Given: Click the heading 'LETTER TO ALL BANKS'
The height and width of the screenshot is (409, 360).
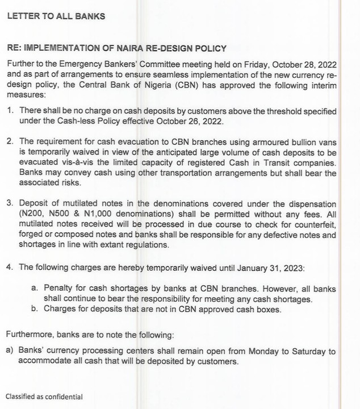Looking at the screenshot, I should click(x=56, y=16).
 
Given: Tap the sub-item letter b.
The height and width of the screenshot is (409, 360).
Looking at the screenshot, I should click(x=35, y=310).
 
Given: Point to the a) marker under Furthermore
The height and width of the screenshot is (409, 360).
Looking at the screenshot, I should click(x=9, y=352).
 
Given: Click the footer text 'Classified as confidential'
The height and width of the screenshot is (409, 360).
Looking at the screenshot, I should click(x=44, y=397).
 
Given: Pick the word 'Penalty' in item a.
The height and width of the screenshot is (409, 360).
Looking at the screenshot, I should click(x=59, y=289).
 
